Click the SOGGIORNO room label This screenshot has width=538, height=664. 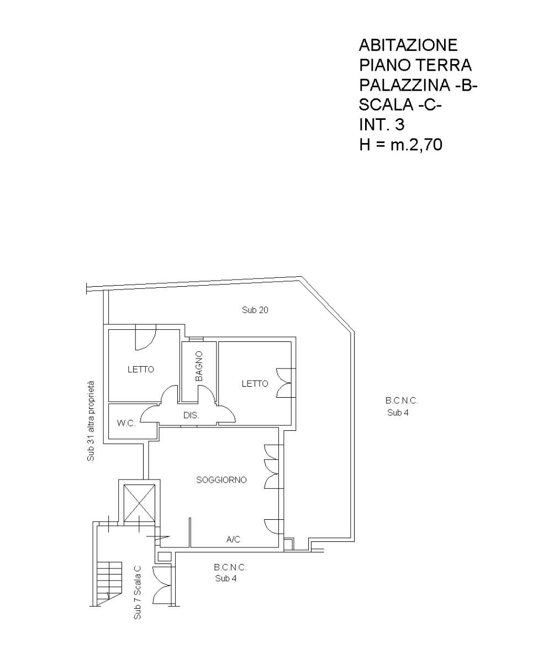tap(221, 480)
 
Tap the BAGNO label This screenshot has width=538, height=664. tap(199, 366)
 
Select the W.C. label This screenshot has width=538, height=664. tap(126, 423)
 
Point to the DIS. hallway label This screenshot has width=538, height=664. tap(191, 415)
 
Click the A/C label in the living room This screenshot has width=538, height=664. tap(233, 539)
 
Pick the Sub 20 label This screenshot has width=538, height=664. tap(255, 310)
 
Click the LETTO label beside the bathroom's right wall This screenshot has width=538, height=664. tap(255, 383)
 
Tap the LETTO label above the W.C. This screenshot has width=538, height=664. tap(141, 370)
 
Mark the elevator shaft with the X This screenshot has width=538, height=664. tap(139, 503)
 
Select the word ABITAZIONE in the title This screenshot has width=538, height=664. tap(408, 45)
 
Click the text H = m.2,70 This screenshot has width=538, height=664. tap(400, 145)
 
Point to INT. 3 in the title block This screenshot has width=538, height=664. tap(382, 125)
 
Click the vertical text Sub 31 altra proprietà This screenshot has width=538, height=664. tap(91, 421)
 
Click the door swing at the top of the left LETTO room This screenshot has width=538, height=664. tap(145, 338)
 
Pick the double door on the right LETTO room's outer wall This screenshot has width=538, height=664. tap(286, 383)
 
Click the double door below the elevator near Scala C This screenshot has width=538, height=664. tap(162, 585)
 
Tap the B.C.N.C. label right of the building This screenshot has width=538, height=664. tap(402, 400)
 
